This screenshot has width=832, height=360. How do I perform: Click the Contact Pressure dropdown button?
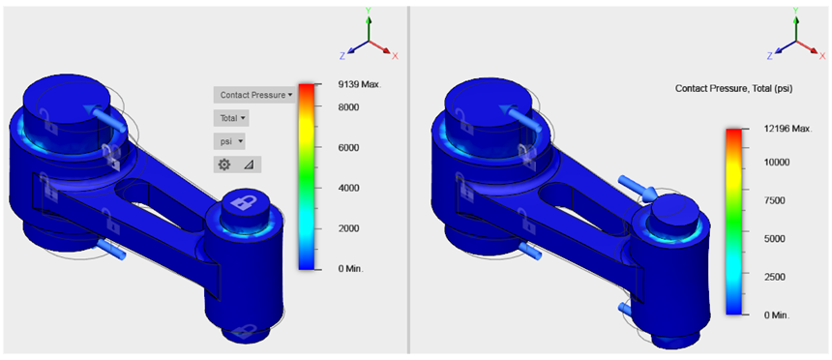point(254,95)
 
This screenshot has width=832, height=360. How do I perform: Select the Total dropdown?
point(231,118)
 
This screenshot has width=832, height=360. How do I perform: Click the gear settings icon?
point(224,165)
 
